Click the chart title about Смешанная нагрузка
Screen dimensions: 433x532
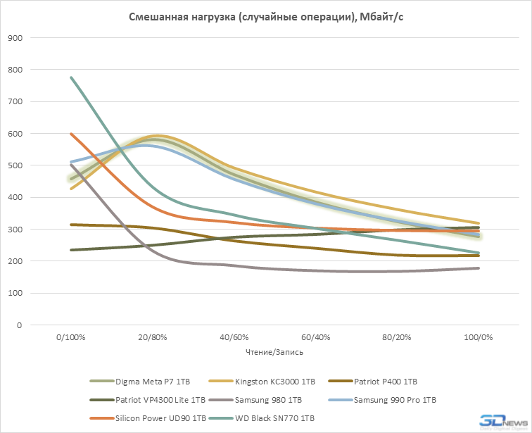click(265, 17)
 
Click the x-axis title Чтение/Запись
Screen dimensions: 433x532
click(274, 351)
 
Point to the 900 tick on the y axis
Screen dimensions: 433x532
click(15, 38)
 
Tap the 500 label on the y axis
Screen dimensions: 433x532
click(15, 165)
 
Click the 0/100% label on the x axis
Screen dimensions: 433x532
click(71, 339)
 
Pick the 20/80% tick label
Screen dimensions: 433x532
click(152, 339)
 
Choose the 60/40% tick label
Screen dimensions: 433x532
click(315, 339)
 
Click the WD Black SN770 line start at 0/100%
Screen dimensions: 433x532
click(71, 77)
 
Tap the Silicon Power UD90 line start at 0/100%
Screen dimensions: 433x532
click(71, 134)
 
